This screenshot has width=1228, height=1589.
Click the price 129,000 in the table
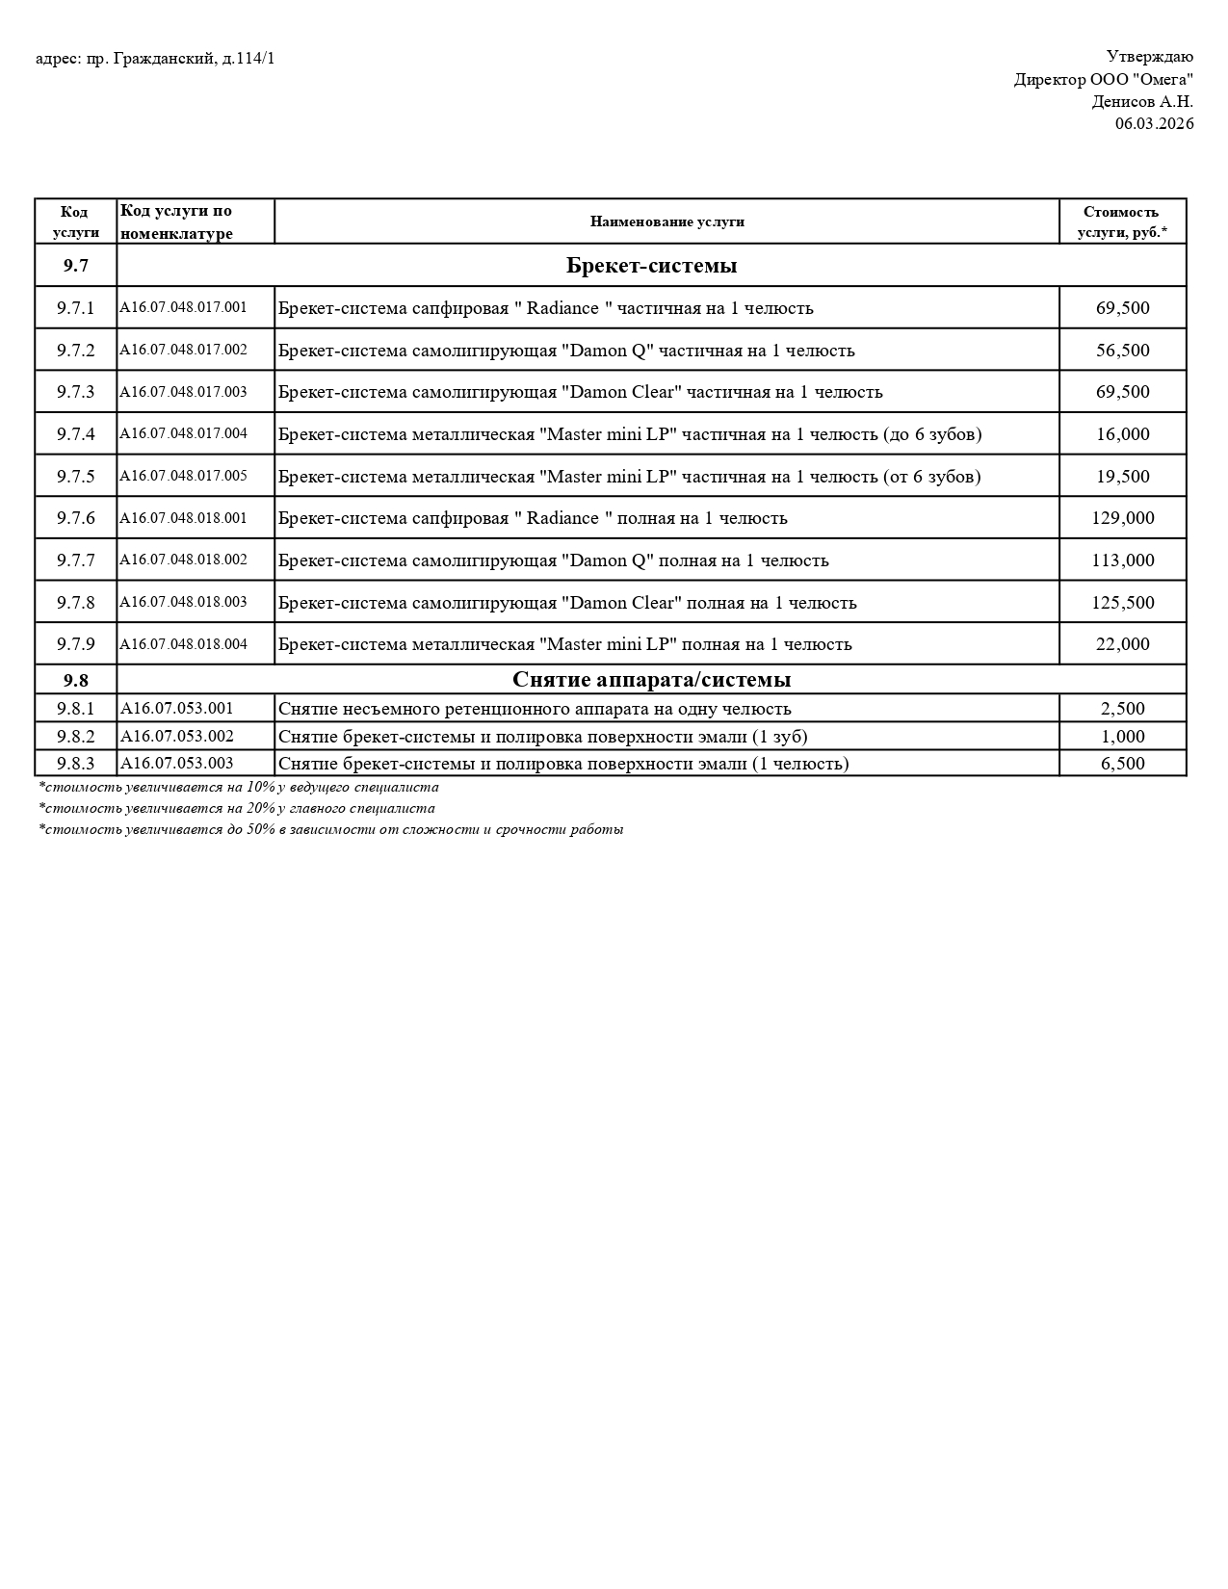(x=1122, y=518)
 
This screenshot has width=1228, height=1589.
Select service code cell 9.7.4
(x=76, y=434)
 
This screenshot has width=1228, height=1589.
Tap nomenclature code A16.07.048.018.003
(x=183, y=602)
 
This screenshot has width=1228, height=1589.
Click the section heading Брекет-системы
(x=651, y=266)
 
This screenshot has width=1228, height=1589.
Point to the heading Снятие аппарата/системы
(x=651, y=680)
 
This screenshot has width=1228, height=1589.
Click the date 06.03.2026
(x=1154, y=123)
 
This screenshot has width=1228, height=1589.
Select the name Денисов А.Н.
(x=1141, y=101)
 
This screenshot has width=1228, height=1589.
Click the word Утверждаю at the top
(x=1149, y=57)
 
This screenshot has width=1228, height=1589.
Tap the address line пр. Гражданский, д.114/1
(x=155, y=59)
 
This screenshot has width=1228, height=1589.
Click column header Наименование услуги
(x=666, y=221)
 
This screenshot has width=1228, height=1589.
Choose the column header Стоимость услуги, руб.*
(x=1122, y=221)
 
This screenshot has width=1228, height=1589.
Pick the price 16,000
(x=1122, y=434)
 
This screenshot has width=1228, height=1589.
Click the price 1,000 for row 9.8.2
(x=1122, y=737)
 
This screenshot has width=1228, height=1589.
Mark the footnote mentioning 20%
(x=237, y=809)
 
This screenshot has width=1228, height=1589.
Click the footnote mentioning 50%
(x=331, y=829)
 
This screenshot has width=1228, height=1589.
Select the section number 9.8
(x=76, y=680)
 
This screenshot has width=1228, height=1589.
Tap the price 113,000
(x=1122, y=560)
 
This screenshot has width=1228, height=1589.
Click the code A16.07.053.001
(x=177, y=709)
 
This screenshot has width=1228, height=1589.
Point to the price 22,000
(x=1122, y=644)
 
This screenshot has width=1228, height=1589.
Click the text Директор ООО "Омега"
(x=1103, y=79)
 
